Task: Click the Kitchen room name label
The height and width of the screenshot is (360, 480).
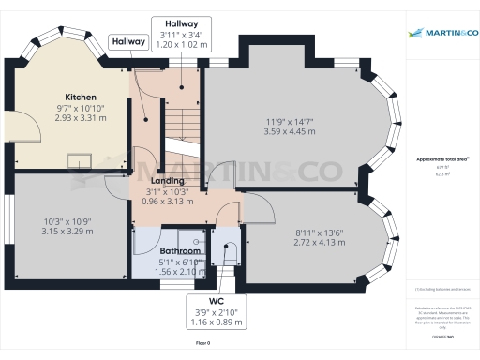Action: [x=81, y=97]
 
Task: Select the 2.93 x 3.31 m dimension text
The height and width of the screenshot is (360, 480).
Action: [x=81, y=118]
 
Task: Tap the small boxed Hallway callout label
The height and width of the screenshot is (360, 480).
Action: [x=127, y=42]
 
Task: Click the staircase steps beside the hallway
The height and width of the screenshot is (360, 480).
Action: [x=178, y=122]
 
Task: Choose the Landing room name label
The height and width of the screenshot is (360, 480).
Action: [x=167, y=181]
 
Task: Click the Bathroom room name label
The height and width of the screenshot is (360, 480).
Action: [x=179, y=251]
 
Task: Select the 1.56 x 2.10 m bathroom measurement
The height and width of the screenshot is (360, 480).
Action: [x=179, y=272]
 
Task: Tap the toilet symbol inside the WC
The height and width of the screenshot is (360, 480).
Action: [x=226, y=251]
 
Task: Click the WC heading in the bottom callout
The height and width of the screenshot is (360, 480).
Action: [x=215, y=302]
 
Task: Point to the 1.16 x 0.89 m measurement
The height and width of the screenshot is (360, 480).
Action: [x=215, y=322]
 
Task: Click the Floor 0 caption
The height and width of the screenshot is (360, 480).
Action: [x=202, y=344]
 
